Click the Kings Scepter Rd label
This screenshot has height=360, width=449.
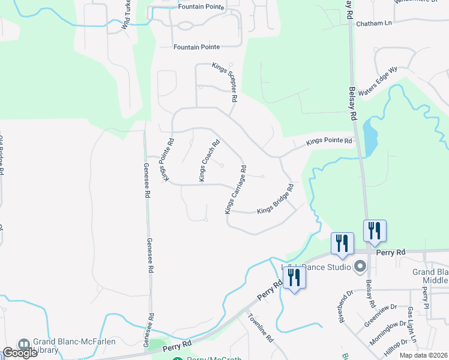[226, 82]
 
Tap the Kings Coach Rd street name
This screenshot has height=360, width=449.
[209, 160]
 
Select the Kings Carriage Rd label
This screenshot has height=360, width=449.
[236, 190]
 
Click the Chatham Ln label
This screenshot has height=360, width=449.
[373, 23]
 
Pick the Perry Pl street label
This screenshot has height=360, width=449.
[425, 298]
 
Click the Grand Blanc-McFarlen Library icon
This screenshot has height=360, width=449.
[24, 345]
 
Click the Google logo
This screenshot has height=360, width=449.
[20, 353]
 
